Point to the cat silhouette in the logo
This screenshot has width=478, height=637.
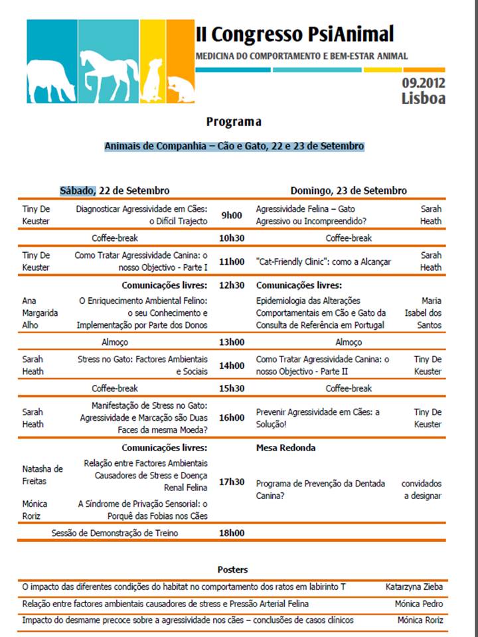tap(179, 84)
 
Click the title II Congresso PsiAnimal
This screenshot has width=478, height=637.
tap(295, 34)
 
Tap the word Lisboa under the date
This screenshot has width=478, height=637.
tap(423, 99)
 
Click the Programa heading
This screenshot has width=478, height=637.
tap(233, 122)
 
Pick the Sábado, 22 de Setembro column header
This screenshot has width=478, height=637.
tap(114, 190)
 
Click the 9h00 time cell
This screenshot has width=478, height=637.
tap(232, 215)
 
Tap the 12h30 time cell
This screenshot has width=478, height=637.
tap(232, 285)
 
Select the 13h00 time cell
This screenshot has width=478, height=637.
tap(232, 342)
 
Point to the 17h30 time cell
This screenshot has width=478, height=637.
tap(232, 482)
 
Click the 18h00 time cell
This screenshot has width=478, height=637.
tap(232, 532)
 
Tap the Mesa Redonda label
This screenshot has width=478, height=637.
tap(285, 448)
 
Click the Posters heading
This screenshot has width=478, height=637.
tap(232, 569)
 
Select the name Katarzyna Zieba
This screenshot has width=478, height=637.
tap(414, 587)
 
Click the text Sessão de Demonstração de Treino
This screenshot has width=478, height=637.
tap(115, 532)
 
